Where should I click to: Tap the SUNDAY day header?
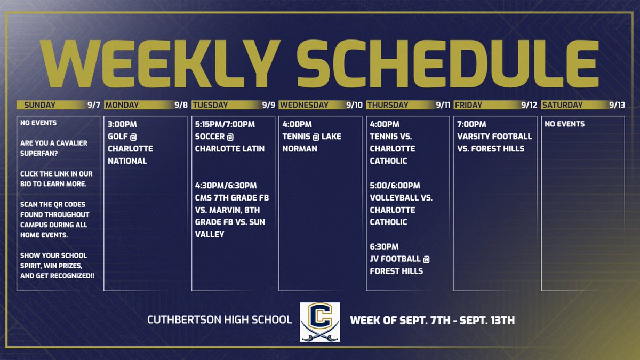point(40,105)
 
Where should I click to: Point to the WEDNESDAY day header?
point(304,105)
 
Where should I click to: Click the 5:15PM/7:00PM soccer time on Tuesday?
point(225,124)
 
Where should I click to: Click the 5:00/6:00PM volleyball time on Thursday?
point(395,186)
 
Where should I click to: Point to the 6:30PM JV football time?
point(384,247)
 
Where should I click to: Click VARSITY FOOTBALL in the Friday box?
point(494,137)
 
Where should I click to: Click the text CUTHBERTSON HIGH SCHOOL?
point(220,320)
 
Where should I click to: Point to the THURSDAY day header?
point(388,105)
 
